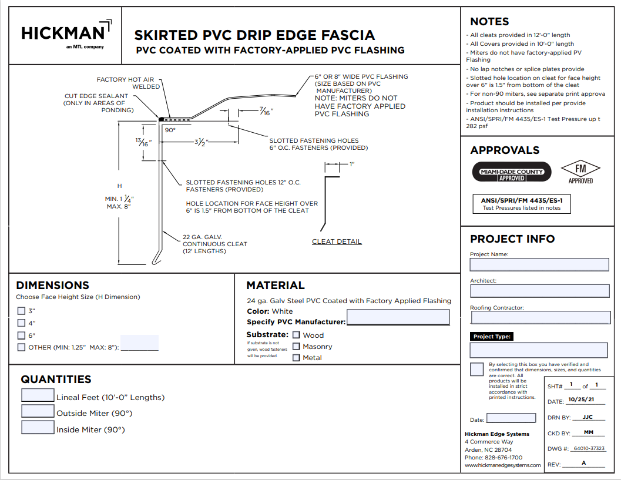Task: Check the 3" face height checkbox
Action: pos(21,311)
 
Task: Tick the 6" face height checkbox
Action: pos(21,335)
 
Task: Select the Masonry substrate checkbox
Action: pos(296,346)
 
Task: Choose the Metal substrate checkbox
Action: pos(296,357)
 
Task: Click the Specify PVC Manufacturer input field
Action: pos(398,318)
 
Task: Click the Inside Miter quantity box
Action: pos(38,427)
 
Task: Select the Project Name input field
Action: pos(539,264)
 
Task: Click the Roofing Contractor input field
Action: pos(539,318)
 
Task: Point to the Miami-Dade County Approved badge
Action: pos(512,172)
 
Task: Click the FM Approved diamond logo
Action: pos(580,171)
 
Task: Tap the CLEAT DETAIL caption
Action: pos(337,241)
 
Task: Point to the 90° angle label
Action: pos(170,130)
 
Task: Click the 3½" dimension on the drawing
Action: pos(201,142)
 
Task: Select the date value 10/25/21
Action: pos(580,400)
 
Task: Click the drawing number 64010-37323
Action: pos(588,448)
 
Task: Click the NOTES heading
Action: pos(489,22)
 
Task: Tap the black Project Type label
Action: pos(492,337)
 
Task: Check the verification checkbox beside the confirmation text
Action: pos(477,369)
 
